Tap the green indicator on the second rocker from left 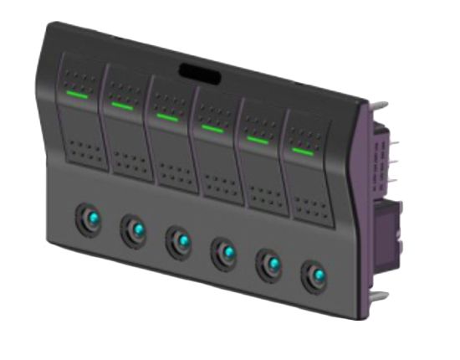pos(122,106)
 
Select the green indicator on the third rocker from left pos(167,117)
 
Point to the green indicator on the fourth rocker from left pos(212,128)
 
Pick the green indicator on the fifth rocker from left pos(258,140)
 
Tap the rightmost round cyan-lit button pos(315,275)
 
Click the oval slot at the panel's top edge pos(200,73)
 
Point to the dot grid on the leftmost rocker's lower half pos(83,150)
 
